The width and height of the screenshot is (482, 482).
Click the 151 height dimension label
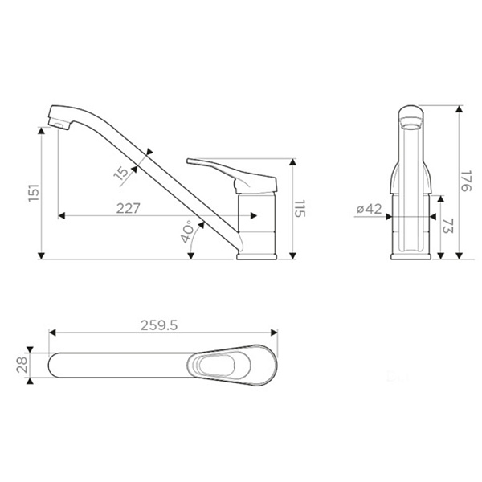(34, 193)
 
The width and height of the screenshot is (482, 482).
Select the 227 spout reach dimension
(129, 208)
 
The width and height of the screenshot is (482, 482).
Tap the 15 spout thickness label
(122, 174)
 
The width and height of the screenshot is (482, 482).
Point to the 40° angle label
(187, 232)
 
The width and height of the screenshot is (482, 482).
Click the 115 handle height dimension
(300, 208)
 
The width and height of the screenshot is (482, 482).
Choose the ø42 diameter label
(369, 209)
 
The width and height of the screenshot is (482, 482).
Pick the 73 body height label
(448, 227)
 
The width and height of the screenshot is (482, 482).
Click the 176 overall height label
(467, 181)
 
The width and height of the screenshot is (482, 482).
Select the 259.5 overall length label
(159, 325)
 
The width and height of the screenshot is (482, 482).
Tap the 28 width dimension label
(22, 366)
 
